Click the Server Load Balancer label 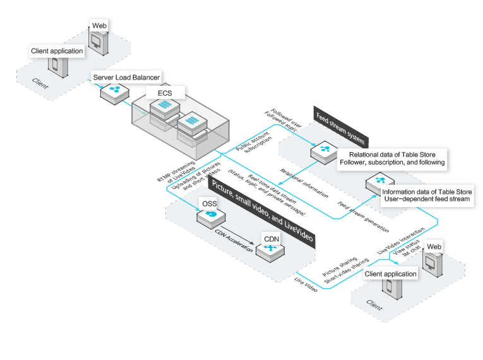coord(127,77)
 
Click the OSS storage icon coord(211,217)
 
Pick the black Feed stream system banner coord(338,126)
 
